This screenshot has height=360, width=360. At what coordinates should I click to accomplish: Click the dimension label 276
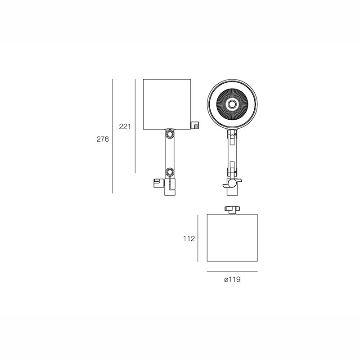pos(103,139)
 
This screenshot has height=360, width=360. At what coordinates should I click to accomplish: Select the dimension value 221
pos(125,126)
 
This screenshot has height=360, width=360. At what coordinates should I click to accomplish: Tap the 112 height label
pos(189,239)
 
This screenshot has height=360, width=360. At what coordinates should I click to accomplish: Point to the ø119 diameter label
pos(232,279)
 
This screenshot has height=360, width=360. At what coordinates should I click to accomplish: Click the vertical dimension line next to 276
pos(113,136)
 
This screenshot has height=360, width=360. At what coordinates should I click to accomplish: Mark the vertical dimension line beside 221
pos(135,126)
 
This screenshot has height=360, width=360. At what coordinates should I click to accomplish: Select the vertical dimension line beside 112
pos(198,238)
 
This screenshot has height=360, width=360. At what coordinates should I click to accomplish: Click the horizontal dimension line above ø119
pos(232,271)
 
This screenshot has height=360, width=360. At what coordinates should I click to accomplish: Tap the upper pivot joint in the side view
pos(170,134)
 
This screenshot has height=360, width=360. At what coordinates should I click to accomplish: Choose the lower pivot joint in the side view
pos(170,172)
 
